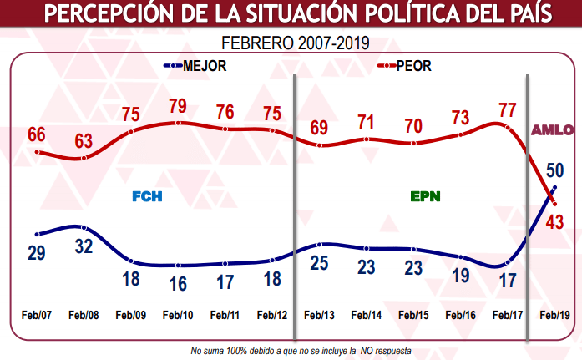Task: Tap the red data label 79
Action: [178, 108]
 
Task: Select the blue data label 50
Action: [554, 170]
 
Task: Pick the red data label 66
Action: [36, 134]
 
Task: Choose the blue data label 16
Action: [178, 283]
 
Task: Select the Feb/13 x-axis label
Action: [320, 315]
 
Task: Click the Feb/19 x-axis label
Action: [555, 315]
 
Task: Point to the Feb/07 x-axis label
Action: [36, 315]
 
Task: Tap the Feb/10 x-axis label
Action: [178, 315]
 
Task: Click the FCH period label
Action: [146, 197]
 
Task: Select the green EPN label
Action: [425, 197]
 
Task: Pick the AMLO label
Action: [553, 129]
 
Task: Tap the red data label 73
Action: [462, 119]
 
